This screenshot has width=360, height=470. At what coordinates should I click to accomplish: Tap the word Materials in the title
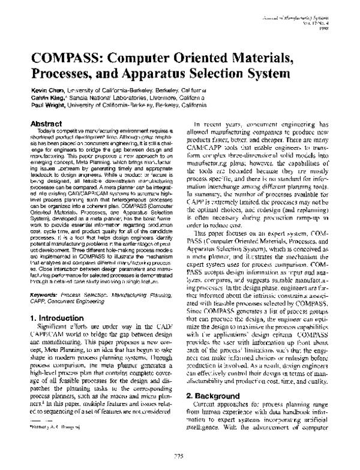point(251,59)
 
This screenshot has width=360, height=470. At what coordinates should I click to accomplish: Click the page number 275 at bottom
point(179,456)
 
